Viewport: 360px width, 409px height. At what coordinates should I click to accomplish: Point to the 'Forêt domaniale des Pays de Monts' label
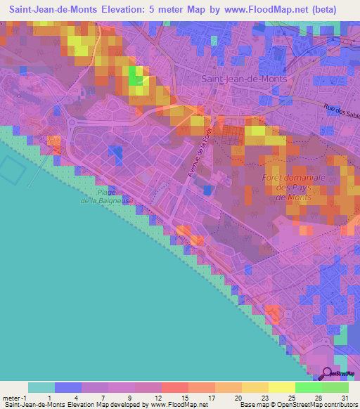pos(297,188)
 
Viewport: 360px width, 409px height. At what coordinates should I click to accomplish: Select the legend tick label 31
pos(344,397)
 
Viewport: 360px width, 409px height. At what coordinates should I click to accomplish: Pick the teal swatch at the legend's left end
pos(41,387)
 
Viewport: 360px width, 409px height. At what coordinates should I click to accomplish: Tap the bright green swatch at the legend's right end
pos(335,387)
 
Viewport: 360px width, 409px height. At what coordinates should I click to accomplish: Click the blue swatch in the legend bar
pos(67,387)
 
